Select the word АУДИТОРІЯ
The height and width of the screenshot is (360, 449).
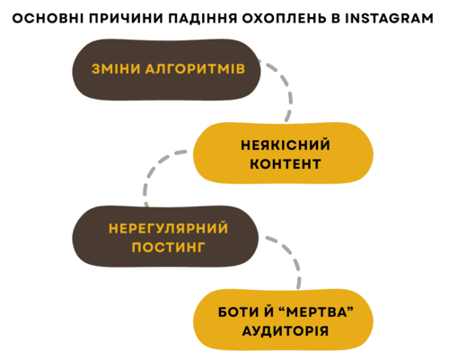pyautogui.click(x=282, y=330)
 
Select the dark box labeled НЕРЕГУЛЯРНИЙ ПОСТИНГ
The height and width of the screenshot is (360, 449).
pyautogui.click(x=90, y=237)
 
